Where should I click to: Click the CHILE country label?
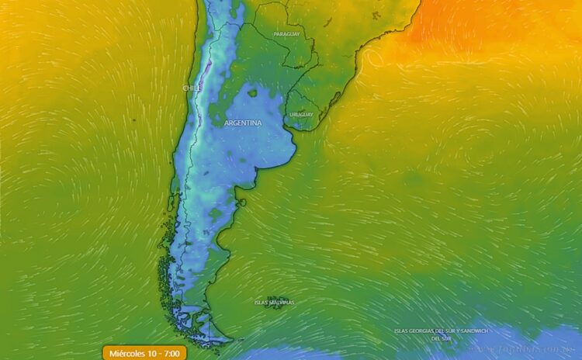tap(192, 88)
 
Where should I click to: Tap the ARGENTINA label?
tap(243, 123)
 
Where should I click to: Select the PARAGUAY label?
tap(286, 35)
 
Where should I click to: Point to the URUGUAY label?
tap(301, 115)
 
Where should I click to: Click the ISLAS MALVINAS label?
tap(275, 303)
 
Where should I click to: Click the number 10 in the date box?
tap(153, 353)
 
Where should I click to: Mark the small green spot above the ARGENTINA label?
tap(252, 93)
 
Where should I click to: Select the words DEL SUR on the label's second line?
tap(442, 339)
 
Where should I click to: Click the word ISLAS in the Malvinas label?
tap(262, 303)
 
